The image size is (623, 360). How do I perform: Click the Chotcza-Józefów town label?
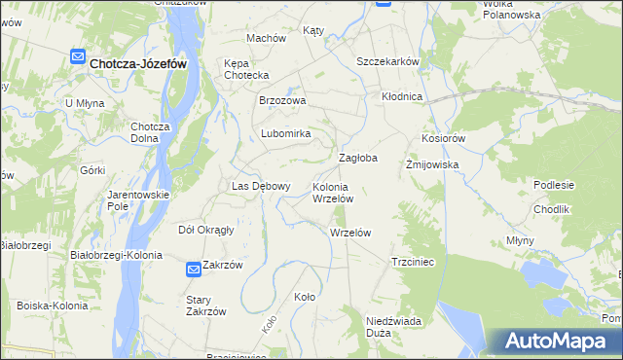coord(137,62)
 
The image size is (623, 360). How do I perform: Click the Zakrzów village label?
coord(222,265)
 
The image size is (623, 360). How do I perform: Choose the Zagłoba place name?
coord(357,158)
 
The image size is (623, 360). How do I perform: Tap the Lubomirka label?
coord(284,133)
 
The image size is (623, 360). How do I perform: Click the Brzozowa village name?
coord(282,100)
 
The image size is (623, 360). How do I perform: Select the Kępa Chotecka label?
coord(246,69)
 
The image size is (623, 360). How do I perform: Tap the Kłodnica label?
coord(402,97)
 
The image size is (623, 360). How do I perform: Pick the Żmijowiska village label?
coord(431,165)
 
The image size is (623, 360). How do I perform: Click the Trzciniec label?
coord(419,262)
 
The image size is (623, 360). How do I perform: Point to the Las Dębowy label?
coord(260,186)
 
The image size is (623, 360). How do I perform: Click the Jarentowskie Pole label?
coord(138,200)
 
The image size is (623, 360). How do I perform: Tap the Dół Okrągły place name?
coord(205,231)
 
